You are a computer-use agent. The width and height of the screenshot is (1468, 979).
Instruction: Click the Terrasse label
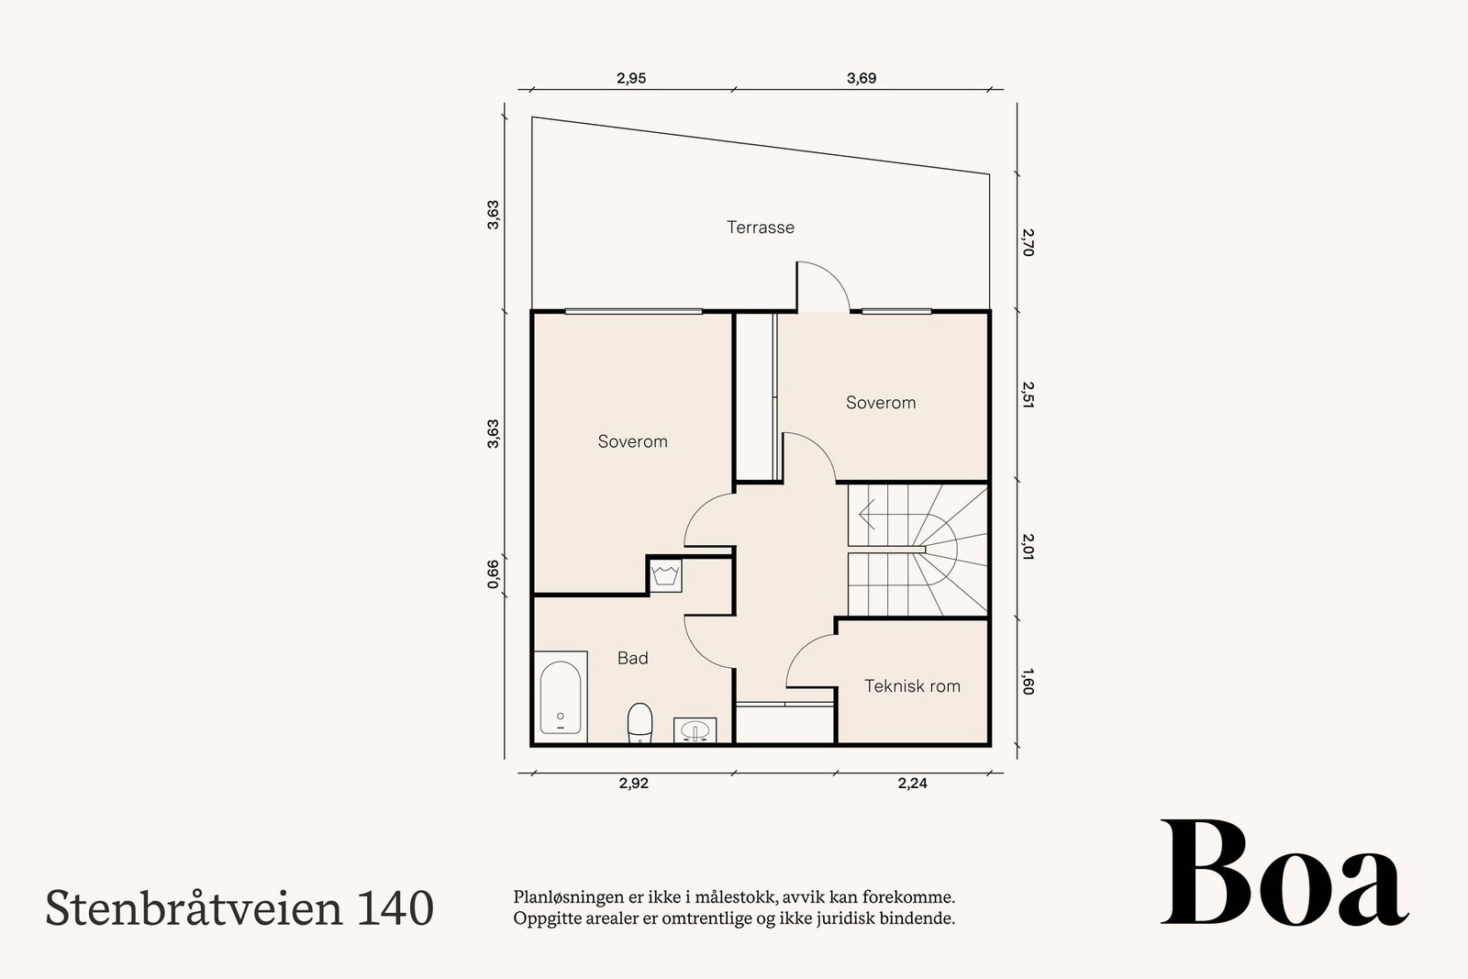[760, 227]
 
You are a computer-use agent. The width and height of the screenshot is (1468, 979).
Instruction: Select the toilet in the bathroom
[639, 723]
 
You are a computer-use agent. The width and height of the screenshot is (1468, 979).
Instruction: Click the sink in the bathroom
[695, 730]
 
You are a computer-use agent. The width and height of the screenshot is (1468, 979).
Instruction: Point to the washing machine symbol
[664, 576]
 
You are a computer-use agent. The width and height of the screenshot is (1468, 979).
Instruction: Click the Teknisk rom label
[912, 685]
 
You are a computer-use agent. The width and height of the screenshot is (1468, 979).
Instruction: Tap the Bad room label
[632, 658]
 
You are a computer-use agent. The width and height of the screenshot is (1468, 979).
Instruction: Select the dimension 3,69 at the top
[861, 78]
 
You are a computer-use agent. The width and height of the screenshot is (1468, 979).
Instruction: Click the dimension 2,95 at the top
[631, 78]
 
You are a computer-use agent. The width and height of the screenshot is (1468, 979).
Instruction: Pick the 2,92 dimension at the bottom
[633, 784]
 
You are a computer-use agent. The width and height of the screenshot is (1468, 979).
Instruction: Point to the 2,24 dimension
[912, 784]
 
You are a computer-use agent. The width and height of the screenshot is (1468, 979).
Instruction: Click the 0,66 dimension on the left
[493, 573]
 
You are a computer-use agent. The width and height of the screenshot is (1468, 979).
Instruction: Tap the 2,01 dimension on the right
[1027, 547]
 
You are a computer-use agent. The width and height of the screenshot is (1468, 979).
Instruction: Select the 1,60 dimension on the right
[1027, 684]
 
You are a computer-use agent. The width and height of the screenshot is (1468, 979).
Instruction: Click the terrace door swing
[822, 285]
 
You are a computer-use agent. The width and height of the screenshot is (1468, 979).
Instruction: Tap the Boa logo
[1284, 873]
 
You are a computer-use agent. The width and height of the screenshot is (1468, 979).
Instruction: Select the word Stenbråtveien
[195, 907]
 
